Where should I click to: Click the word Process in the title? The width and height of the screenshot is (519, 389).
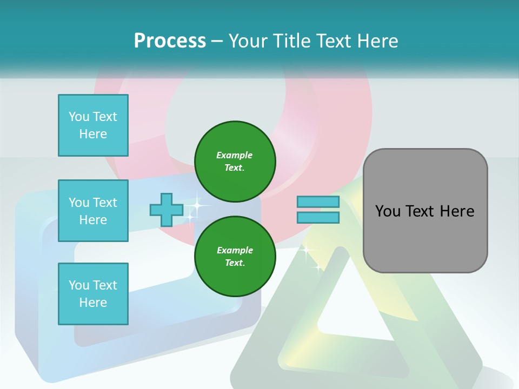[170, 41]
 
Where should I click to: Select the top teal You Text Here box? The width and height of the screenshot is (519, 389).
[93, 125]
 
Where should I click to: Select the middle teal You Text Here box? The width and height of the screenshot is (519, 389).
[93, 211]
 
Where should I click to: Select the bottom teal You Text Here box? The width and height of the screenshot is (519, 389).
[93, 293]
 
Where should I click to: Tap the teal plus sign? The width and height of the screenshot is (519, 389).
[167, 210]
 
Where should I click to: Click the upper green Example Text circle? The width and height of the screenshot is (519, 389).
[235, 161]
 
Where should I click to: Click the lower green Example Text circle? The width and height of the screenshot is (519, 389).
[235, 256]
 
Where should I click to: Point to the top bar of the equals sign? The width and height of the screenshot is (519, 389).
[318, 202]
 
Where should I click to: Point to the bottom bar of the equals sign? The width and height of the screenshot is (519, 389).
[318, 217]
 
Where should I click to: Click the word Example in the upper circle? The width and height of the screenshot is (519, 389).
[235, 155]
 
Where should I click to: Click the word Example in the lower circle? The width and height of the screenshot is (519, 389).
[235, 250]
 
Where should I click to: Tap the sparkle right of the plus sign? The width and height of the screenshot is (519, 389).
[197, 206]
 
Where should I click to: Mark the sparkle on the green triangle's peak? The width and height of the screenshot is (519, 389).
[307, 251]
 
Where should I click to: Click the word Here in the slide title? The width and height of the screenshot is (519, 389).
[378, 41]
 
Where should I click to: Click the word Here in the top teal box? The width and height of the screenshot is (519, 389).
[93, 134]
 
